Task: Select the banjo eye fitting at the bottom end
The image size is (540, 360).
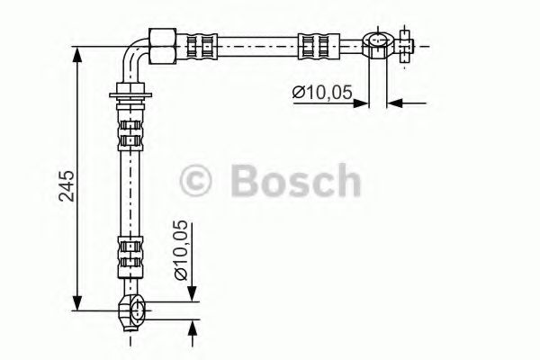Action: (x=132, y=310)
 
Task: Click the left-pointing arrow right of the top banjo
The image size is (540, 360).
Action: (x=395, y=103)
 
